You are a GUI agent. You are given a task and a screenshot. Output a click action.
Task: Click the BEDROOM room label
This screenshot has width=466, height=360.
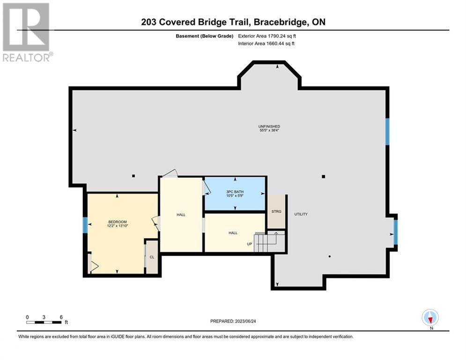coord(118,222)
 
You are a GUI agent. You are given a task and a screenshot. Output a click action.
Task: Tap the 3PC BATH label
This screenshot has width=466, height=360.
coord(235,192)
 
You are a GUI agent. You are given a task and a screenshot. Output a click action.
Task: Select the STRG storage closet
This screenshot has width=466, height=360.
coord(276,211)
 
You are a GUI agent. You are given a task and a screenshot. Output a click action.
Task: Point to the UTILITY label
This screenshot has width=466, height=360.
coord(301,214)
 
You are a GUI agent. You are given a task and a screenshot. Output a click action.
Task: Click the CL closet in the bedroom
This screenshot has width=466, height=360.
coord(152,257)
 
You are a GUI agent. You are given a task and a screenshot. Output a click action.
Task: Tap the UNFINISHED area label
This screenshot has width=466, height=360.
coord(269,127)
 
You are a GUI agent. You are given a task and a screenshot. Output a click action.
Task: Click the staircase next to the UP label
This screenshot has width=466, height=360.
coord(269,241)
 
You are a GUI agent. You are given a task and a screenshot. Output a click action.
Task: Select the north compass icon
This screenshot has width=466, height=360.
coord(430,317)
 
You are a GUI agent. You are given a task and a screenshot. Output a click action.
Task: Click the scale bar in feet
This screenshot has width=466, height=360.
coord(44,322)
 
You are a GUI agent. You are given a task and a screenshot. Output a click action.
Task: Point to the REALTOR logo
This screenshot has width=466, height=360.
coord(26,32)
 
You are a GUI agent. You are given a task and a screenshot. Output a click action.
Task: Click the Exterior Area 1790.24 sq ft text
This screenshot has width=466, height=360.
coord(267,36)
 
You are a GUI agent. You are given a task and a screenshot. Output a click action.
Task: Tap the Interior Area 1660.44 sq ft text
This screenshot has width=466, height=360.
coord(266,44)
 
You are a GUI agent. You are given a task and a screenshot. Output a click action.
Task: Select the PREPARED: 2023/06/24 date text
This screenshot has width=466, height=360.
coord(233,321)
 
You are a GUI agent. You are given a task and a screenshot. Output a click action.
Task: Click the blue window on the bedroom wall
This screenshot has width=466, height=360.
coord(85,225)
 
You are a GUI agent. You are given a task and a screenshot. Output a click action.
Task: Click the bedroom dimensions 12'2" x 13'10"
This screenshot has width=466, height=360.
coord(118,226)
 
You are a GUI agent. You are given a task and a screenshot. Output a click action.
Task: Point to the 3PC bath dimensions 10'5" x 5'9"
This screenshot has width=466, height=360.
coord(235,196)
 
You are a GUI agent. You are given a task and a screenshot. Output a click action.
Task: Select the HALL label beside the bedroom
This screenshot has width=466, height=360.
coord(181,215)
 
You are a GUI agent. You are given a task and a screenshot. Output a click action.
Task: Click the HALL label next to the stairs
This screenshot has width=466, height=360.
coord(233,233)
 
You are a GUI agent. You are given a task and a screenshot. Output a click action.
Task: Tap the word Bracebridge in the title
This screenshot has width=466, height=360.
coord(280,22)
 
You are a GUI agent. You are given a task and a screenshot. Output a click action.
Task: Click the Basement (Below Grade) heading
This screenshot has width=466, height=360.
coord(205,36)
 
